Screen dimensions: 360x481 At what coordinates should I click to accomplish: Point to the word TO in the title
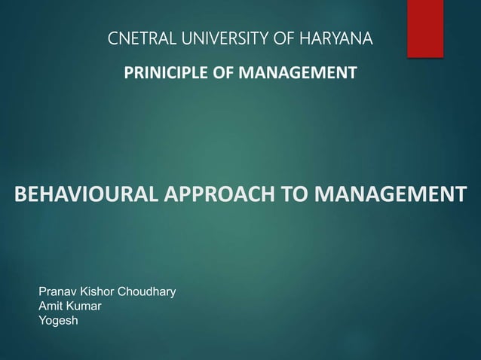click(x=296, y=193)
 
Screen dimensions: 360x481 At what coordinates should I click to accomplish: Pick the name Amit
click(x=50, y=307)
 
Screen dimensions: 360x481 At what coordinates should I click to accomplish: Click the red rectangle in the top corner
click(x=425, y=28)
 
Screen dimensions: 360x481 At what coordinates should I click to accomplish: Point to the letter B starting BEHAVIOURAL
click(x=20, y=193)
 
